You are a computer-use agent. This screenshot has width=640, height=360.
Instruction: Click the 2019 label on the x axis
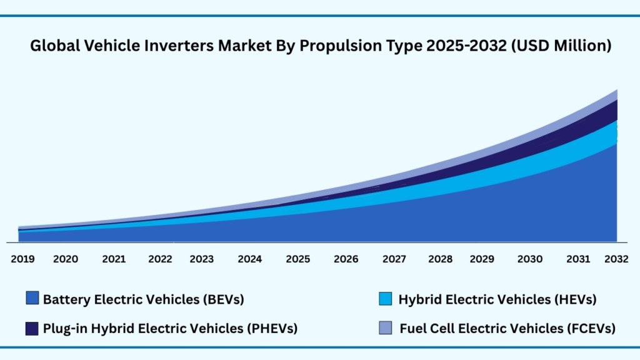(x=23, y=259)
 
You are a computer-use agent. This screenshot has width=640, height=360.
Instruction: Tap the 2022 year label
(x=161, y=259)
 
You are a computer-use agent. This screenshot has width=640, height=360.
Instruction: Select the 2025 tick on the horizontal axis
(x=298, y=259)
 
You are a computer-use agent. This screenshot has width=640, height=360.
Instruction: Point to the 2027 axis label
(x=394, y=259)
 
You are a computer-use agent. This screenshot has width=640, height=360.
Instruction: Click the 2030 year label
(x=531, y=259)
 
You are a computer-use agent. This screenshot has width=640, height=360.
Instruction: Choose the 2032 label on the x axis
(x=617, y=259)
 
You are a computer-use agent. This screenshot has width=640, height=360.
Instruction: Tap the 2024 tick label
(x=250, y=259)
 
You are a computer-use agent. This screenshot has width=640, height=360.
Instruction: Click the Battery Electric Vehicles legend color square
(x=32, y=298)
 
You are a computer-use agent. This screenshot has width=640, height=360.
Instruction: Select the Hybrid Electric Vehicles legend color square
(x=386, y=298)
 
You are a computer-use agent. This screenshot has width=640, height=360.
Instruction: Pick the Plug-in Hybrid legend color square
(x=32, y=328)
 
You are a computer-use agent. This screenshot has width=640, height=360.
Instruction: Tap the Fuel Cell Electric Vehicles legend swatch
(x=386, y=328)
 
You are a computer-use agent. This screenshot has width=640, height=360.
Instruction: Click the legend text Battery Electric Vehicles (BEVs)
(x=143, y=299)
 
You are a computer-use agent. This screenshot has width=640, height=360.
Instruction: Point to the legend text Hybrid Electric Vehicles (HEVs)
(x=497, y=299)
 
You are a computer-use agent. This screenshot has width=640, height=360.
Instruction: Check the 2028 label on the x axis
(x=441, y=259)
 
